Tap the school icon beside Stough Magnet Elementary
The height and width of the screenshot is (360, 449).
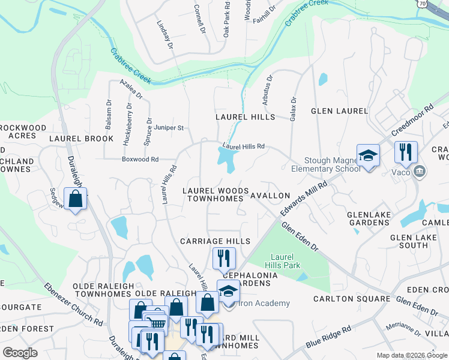368,156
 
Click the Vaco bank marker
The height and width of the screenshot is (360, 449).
420,172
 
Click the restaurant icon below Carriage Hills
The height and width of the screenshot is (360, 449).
224,258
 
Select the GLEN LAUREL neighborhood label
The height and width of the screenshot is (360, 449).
339,111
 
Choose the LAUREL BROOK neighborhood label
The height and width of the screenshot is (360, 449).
81,139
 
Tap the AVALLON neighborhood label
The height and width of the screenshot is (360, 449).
270,196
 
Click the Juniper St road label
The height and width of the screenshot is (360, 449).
169,128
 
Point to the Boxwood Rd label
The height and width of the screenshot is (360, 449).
139,160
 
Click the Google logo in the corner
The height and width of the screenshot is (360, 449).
20,352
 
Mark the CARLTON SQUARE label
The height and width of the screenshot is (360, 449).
352,298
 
